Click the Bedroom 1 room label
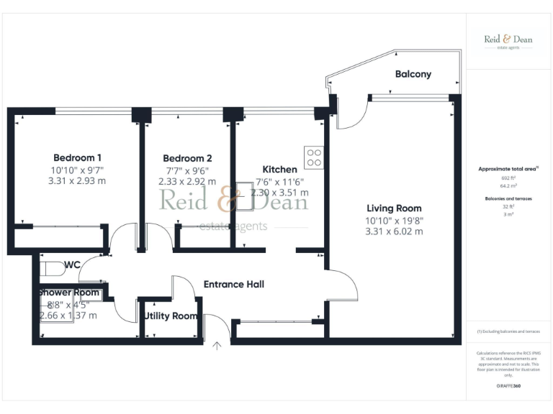[x=77, y=158]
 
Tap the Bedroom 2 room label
[x=187, y=158]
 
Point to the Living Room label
[x=394, y=208]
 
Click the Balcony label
[x=413, y=74]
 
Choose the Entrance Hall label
[x=234, y=284]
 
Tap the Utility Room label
[x=171, y=316]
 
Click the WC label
[x=72, y=265]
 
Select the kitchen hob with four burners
[x=314, y=157]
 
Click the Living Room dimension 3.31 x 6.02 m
[x=394, y=231]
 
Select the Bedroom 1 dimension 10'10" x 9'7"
[x=77, y=170]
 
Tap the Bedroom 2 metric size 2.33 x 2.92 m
[x=187, y=182]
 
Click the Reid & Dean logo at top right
[x=508, y=41]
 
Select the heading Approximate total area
[x=508, y=168]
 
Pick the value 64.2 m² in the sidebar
[x=508, y=185]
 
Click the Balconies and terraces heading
[x=508, y=198]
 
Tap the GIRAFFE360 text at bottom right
[x=508, y=386]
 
